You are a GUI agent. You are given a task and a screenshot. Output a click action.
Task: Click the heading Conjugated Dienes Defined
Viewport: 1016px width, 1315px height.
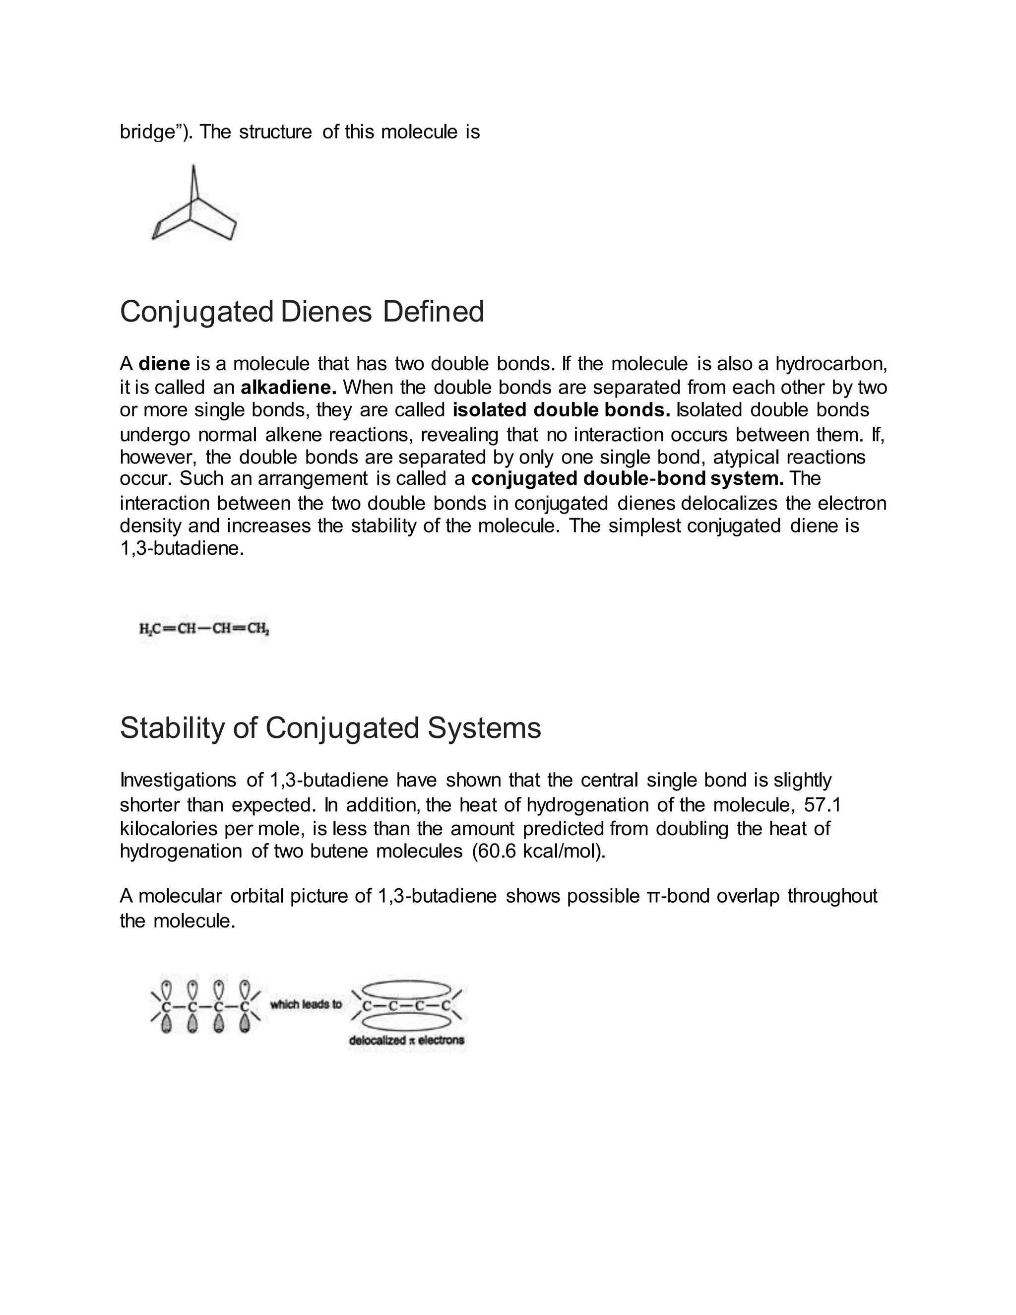point(302,312)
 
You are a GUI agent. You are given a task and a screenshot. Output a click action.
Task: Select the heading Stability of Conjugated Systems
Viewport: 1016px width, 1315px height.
point(330,728)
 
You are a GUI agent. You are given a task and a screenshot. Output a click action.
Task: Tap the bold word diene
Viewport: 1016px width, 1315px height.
point(164,364)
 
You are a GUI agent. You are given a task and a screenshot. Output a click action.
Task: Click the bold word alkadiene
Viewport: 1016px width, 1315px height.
point(288,387)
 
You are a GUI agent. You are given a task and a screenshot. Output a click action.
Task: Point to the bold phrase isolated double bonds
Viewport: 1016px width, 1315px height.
point(561,410)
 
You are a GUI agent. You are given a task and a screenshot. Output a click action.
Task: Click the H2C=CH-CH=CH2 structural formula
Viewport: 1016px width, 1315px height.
point(204,630)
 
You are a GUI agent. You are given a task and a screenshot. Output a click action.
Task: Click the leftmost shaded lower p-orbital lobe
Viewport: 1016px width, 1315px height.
point(167,1024)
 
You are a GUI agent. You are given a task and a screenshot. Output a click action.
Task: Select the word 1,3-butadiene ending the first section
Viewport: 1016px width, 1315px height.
point(181,549)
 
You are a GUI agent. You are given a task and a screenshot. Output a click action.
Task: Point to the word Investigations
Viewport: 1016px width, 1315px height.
point(178,781)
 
